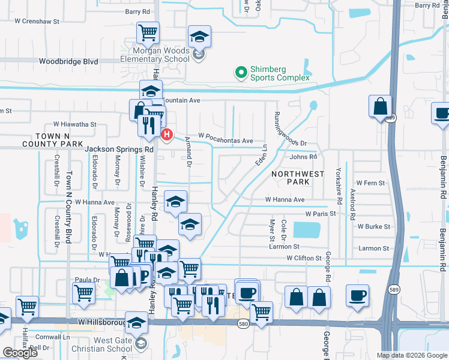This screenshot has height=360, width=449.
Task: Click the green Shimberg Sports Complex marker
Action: pos(241,73)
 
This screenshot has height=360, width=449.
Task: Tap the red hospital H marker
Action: pos(167,134)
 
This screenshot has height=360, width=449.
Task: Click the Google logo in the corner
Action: pos(20,353)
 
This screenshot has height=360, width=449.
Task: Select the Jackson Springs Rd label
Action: pos(119,149)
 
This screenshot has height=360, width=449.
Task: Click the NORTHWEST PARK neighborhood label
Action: pos(297,178)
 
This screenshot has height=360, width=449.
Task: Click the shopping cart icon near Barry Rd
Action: pos(147,32)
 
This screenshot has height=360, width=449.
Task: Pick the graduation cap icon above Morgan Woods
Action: pos(199,37)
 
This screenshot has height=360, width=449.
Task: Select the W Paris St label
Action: pos(321,213)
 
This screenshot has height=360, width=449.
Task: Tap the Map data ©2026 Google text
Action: pos(411,355)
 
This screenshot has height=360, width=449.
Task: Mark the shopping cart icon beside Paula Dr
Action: pos(83,293)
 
